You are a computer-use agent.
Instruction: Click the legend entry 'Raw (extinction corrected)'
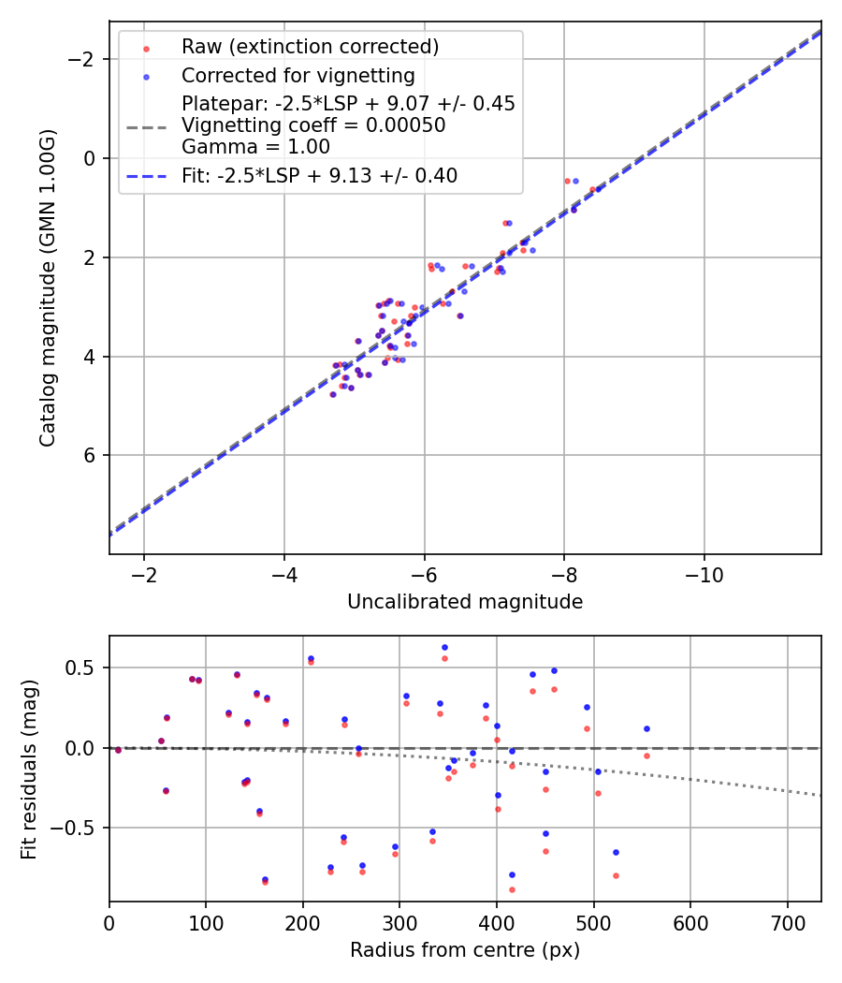(x=310, y=47)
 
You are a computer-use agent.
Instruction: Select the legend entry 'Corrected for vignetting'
(x=298, y=75)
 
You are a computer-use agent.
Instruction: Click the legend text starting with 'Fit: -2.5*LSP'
(x=319, y=175)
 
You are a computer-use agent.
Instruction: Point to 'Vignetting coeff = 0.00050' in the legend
(x=313, y=125)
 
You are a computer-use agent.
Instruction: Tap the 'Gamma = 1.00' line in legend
(x=255, y=147)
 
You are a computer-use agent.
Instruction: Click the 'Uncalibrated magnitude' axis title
(x=465, y=602)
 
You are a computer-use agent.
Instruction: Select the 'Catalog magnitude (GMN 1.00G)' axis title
(x=48, y=287)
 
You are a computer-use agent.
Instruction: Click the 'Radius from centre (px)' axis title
(x=465, y=950)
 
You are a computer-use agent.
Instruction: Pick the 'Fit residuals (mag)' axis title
(x=29, y=770)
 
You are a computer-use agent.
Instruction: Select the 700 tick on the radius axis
(x=787, y=924)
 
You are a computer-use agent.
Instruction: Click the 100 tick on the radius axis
(x=206, y=924)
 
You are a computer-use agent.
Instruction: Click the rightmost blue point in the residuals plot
(x=646, y=728)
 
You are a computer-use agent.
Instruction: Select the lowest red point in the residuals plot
(x=512, y=889)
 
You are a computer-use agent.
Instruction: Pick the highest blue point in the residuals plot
(x=444, y=647)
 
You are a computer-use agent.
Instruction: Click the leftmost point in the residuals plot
(x=118, y=750)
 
